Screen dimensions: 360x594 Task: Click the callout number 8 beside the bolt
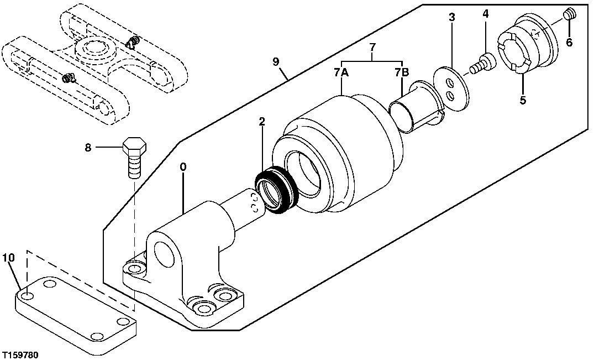coord(88,148)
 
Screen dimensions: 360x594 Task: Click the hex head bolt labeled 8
coord(134,155)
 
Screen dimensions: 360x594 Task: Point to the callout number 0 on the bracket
coord(183,166)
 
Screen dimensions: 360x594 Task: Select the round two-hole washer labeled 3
coord(451,89)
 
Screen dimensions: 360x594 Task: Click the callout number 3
coord(451,17)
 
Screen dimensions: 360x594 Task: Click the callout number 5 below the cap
coord(522,101)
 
